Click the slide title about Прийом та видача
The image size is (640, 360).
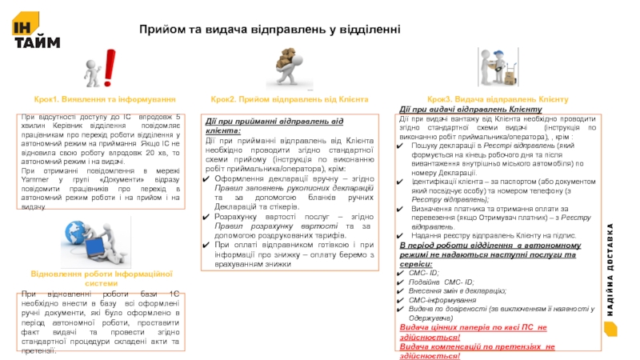270,30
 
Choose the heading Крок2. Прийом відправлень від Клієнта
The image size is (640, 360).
289,99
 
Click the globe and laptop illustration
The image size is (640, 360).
90,239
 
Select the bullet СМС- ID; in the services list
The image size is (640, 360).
425,273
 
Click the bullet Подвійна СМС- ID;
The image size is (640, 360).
441,282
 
